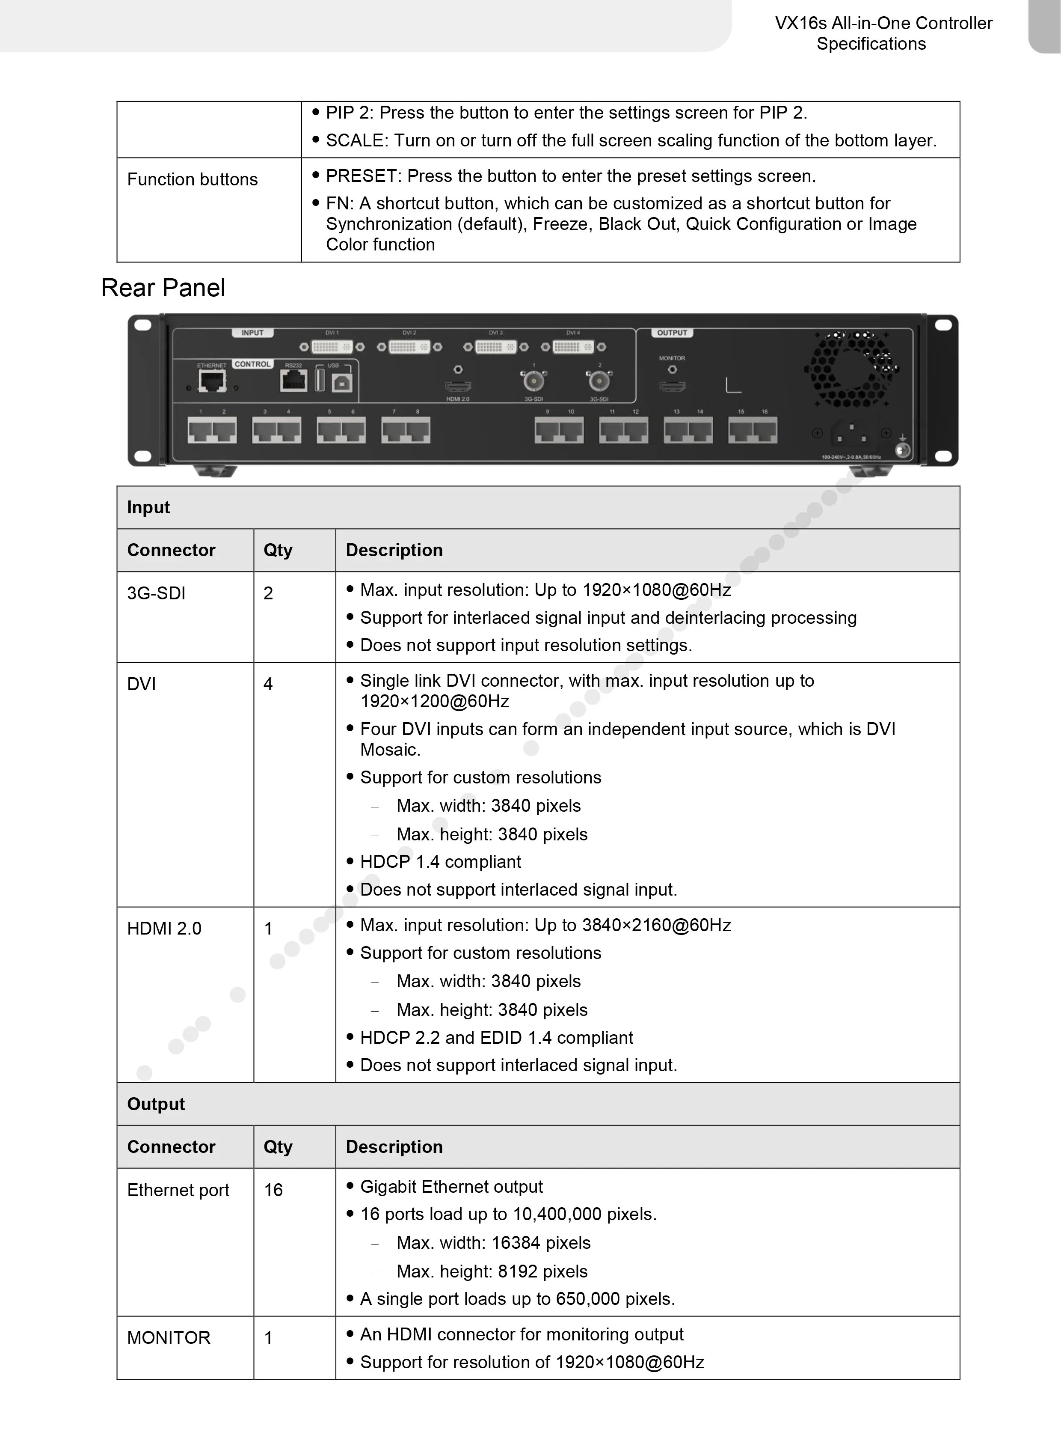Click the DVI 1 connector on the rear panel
332,347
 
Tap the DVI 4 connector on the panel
573,347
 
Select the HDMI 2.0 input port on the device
458,386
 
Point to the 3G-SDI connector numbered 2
599,382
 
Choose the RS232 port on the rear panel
293,381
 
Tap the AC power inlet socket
852,434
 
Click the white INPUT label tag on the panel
252,333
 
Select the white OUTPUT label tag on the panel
672,333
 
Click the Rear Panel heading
163,288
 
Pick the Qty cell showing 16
273,1190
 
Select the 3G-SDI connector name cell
156,593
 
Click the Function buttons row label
192,179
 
